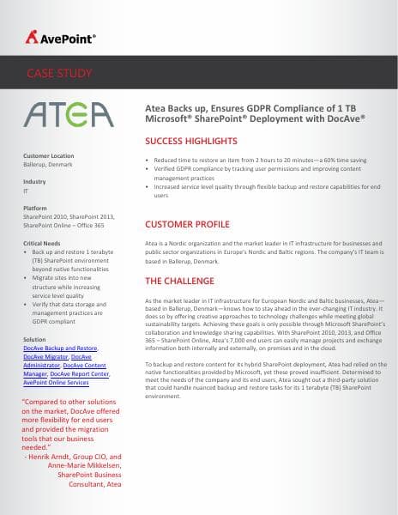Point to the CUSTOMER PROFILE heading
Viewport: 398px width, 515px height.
188,224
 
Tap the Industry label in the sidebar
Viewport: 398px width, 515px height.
34,182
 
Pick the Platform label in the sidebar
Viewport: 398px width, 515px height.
36,209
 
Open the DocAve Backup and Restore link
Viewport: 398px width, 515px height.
60,348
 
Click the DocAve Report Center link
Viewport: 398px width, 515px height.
80,374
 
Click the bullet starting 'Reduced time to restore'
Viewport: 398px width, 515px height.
249,160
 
